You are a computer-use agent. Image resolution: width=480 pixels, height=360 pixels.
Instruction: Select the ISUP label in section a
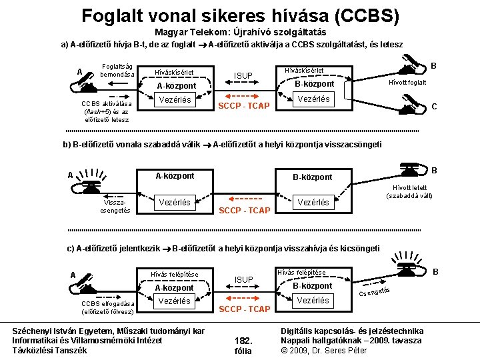(243, 75)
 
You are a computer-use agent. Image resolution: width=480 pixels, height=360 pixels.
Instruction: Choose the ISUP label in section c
(243, 279)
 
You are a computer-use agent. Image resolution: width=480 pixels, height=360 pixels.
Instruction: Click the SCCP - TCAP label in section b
(245, 210)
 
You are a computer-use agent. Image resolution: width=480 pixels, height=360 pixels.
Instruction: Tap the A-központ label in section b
(175, 176)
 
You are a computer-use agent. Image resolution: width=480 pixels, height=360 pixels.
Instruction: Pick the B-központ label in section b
(313, 177)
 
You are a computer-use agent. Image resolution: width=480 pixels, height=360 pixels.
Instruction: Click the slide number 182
(243, 340)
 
